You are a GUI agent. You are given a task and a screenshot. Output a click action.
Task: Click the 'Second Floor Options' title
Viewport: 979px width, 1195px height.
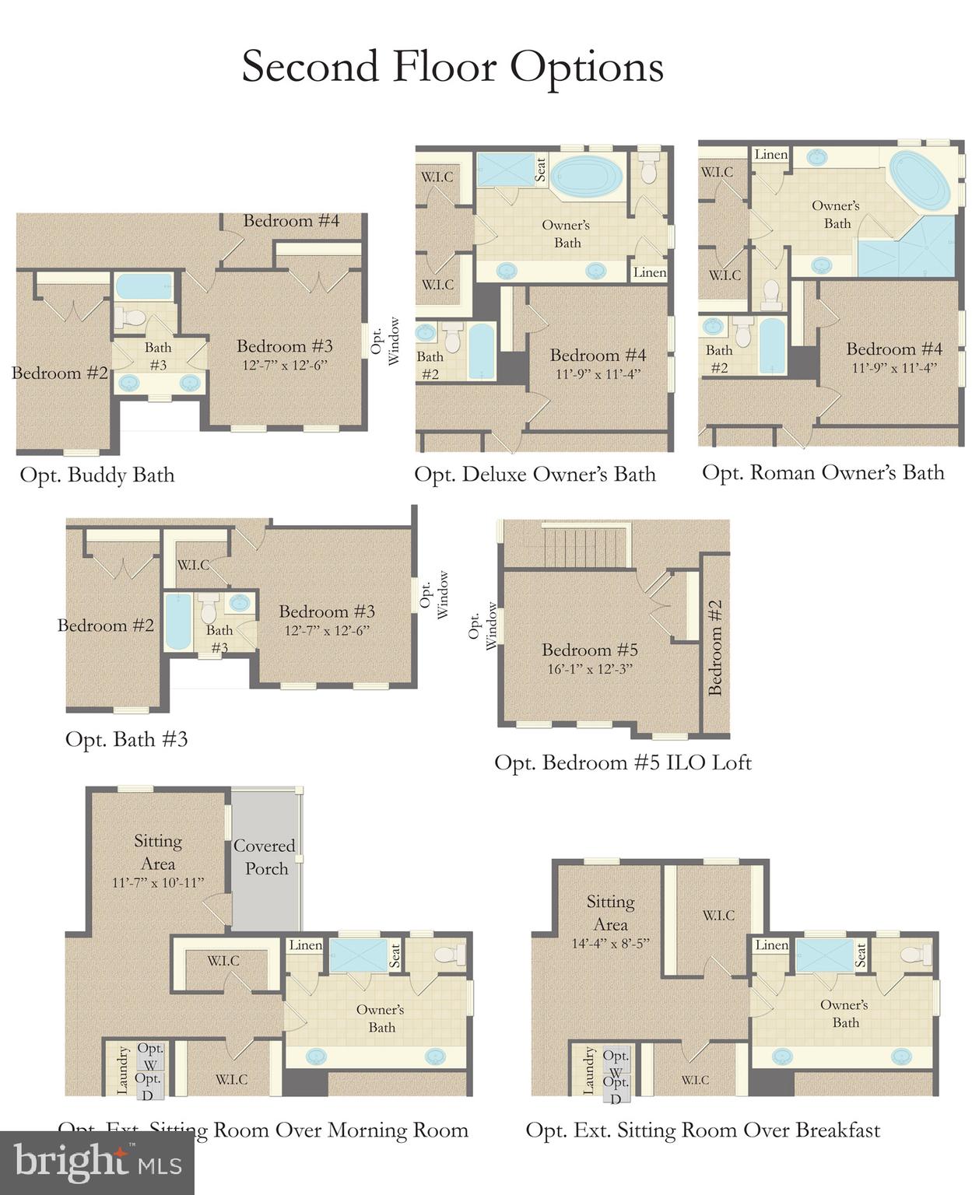click(452, 67)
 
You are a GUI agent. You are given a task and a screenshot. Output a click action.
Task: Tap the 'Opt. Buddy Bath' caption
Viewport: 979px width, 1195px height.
click(97, 475)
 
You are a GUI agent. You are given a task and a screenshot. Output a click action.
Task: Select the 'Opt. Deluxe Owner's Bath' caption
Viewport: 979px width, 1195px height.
click(535, 475)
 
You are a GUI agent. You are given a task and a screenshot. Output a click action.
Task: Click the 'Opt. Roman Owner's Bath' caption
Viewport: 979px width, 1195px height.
click(823, 473)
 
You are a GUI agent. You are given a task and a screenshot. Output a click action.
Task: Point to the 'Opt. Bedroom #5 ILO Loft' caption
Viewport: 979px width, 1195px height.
click(623, 762)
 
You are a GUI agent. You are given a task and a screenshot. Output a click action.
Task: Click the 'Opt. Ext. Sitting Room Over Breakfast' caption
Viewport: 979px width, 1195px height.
click(703, 1130)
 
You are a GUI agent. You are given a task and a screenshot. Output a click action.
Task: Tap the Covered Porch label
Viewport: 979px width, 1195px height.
click(265, 857)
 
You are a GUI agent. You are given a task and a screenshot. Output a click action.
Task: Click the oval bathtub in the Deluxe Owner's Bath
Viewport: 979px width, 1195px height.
click(588, 176)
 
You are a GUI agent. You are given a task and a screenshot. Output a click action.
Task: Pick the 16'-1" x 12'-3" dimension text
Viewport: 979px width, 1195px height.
click(590, 669)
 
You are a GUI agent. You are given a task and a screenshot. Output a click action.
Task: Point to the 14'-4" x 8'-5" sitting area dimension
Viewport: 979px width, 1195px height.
click(610, 944)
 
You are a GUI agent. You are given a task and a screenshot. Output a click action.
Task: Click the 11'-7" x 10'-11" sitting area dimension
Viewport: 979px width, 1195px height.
click(158, 882)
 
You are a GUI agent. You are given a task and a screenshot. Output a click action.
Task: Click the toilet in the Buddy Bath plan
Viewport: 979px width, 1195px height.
click(131, 317)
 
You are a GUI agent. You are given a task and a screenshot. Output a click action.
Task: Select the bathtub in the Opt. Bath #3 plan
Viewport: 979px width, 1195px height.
click(178, 622)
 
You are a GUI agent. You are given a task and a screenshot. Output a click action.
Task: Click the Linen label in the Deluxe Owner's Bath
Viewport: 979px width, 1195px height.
click(649, 272)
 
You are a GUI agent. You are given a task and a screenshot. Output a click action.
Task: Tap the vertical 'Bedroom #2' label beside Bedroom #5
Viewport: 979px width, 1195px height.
click(715, 647)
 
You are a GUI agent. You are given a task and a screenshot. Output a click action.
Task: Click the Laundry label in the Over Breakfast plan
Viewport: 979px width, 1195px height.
click(588, 1070)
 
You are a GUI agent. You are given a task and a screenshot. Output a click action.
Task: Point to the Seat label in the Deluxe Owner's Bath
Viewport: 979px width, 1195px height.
click(540, 170)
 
